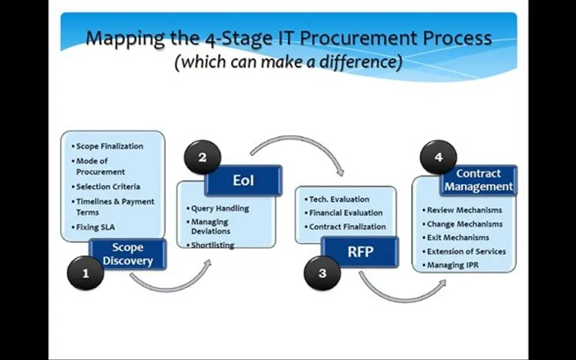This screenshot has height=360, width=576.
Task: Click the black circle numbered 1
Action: pyautogui.click(x=85, y=273)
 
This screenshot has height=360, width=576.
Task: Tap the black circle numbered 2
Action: pyautogui.click(x=202, y=157)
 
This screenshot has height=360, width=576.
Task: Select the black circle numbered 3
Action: pyautogui.click(x=322, y=273)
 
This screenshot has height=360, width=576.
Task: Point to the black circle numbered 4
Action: pyautogui.click(x=438, y=157)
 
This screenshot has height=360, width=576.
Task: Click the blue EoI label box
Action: pyautogui.click(x=243, y=180)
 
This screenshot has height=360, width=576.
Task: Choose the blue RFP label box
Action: pyautogui.click(x=360, y=252)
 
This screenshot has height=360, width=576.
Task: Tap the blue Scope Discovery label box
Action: pyautogui.click(x=127, y=254)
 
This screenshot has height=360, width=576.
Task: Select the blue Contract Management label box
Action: pyautogui.click(x=478, y=180)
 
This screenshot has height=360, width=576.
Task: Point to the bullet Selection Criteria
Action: pyautogui.click(x=106, y=187)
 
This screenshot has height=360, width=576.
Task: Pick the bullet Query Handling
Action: pyautogui.click(x=217, y=208)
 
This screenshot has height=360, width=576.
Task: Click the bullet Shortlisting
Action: pyautogui.click(x=211, y=244)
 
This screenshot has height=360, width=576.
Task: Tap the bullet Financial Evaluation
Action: pyautogui.click(x=343, y=213)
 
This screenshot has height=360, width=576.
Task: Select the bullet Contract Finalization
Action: pyautogui.click(x=345, y=226)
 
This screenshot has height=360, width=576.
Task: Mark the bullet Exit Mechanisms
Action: pyautogui.click(x=456, y=238)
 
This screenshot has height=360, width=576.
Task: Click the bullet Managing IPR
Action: pyautogui.click(x=451, y=265)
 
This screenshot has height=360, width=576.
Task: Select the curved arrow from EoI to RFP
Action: pyautogui.click(x=296, y=139)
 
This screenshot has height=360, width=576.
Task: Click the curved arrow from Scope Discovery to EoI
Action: pyautogui.click(x=169, y=288)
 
